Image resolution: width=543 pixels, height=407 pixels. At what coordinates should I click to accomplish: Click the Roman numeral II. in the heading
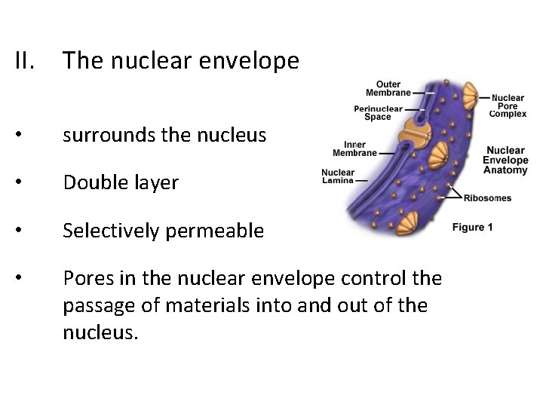pyautogui.click(x=28, y=60)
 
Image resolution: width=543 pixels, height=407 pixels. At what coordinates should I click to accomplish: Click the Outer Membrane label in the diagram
pyautogui.click(x=388, y=88)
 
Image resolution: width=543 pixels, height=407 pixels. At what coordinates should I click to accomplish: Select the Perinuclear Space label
pyautogui.click(x=377, y=112)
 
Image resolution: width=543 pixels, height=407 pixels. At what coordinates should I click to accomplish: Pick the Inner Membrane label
pyautogui.click(x=354, y=148)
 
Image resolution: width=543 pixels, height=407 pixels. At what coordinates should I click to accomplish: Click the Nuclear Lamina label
pyautogui.click(x=337, y=176)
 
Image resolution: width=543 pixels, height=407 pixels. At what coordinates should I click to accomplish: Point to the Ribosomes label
pyautogui.click(x=486, y=198)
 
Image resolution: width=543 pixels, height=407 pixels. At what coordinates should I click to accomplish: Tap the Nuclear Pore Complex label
pyautogui.click(x=508, y=106)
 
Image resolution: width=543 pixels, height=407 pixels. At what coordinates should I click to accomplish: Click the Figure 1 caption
pyautogui.click(x=473, y=227)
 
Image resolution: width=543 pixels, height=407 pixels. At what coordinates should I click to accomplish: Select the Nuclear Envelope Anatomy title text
pyautogui.click(x=505, y=161)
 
